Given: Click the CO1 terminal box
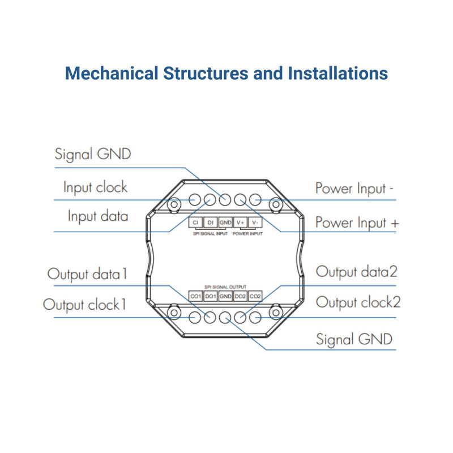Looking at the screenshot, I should (195, 296).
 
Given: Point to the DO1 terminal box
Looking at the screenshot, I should (210, 296).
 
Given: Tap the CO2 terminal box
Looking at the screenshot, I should (255, 296).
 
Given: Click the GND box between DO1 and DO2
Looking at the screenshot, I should (225, 296).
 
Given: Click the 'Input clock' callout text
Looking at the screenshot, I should (95, 187).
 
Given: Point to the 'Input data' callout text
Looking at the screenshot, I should (97, 216).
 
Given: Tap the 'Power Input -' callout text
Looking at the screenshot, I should (354, 189).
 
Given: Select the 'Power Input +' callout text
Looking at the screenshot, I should (357, 222).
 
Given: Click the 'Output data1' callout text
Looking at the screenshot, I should (87, 275).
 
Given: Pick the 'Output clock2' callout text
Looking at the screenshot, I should (358, 302).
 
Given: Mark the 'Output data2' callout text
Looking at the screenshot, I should (356, 272).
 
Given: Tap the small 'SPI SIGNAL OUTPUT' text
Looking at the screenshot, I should (226, 288).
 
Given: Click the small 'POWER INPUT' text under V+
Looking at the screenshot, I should (248, 233).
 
